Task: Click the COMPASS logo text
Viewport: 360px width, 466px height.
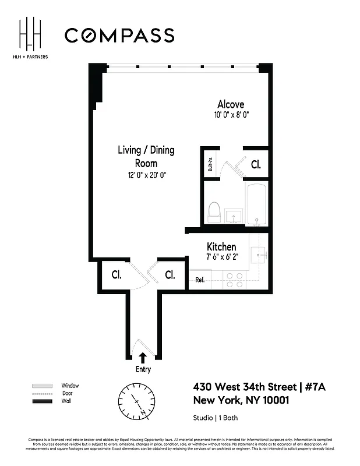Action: (x=119, y=36)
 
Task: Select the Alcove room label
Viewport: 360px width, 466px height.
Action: (x=231, y=104)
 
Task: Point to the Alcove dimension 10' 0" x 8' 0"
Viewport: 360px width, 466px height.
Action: (x=231, y=115)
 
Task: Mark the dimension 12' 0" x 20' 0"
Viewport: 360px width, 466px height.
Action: (x=146, y=175)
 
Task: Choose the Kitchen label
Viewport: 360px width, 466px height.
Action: (x=221, y=247)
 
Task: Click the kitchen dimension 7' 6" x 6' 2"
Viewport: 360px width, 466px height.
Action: (x=221, y=257)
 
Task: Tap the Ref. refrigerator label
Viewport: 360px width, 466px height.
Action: (x=200, y=280)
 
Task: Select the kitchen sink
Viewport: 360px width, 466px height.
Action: (x=258, y=253)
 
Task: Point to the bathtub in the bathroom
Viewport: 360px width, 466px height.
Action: (x=256, y=204)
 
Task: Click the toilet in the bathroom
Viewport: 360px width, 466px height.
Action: (x=214, y=212)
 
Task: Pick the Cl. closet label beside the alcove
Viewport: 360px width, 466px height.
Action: (x=256, y=165)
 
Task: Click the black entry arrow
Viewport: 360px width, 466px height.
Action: (x=143, y=357)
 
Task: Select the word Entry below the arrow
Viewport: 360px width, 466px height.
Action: (x=143, y=369)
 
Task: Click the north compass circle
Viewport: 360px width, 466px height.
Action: (x=137, y=401)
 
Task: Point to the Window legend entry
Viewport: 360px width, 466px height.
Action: (x=70, y=386)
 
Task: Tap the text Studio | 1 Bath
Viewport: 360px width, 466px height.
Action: (x=216, y=418)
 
